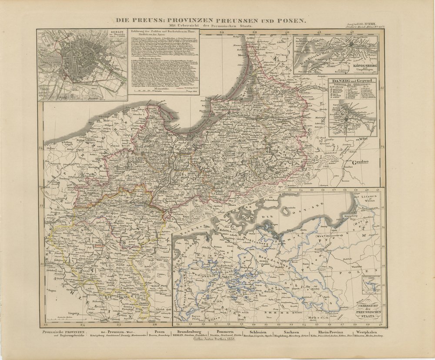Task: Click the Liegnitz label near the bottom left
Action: [x=72, y=312]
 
